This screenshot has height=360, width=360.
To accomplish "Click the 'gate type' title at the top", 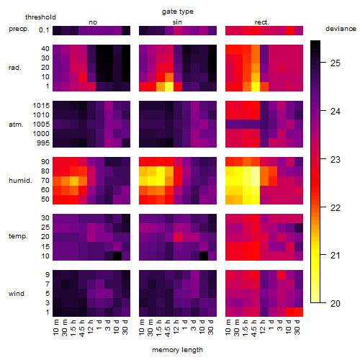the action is pos(178,12).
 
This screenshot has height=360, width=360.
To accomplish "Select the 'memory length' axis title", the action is pos(178,350).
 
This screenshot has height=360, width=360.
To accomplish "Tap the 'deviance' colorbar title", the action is pos(341,29).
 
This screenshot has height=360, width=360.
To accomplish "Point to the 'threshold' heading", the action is pos(40,17).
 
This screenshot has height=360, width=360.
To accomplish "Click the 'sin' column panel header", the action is pos(177,22).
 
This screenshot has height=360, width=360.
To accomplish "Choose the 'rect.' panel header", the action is pos(262,22).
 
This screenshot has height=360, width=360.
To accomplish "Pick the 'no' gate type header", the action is pos(93,22).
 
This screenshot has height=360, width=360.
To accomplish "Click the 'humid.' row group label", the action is pos(20,181).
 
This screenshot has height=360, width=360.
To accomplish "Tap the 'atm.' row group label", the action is pos(16,125).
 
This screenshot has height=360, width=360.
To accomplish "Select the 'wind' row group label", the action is pos(17,294).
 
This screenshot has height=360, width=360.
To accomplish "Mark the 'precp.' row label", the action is pos(19,29).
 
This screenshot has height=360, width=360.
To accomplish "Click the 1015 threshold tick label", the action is pos(41,106).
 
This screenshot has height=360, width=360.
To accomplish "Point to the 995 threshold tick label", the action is pos(43,143).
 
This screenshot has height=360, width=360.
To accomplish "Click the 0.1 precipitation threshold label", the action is pos(44,30).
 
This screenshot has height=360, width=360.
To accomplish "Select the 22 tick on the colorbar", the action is pos(336,208).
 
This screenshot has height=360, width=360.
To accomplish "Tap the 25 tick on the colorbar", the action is pos(336,63).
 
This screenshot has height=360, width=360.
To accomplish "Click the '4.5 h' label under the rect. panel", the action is pos(253,328).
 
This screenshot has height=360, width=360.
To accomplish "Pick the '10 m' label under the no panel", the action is pos(55,328).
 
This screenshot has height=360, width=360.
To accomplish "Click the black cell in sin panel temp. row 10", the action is pos(204,256).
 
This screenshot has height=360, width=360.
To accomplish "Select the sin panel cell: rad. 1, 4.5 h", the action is pos(169,86).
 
